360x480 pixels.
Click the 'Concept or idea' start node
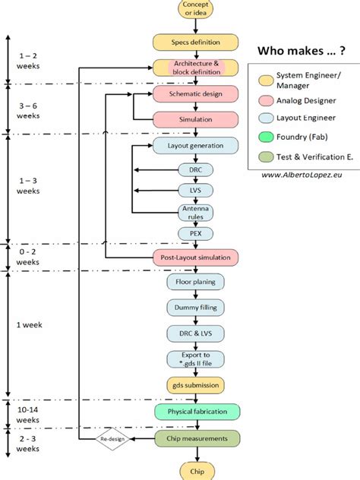(196, 10)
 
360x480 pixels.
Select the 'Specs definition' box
(196, 42)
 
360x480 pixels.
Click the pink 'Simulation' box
(196, 119)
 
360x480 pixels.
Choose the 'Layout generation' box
(196, 144)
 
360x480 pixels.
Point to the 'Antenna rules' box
(196, 212)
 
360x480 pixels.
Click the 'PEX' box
(196, 233)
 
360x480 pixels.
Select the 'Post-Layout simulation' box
(196, 257)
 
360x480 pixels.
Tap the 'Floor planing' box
(196, 282)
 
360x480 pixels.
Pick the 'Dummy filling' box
(196, 307)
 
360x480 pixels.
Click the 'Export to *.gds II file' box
(196, 358)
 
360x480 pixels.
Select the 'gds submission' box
(196, 385)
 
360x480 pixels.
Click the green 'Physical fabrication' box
(196, 412)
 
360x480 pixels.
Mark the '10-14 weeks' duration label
(27, 414)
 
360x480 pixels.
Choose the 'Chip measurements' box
(196, 438)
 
